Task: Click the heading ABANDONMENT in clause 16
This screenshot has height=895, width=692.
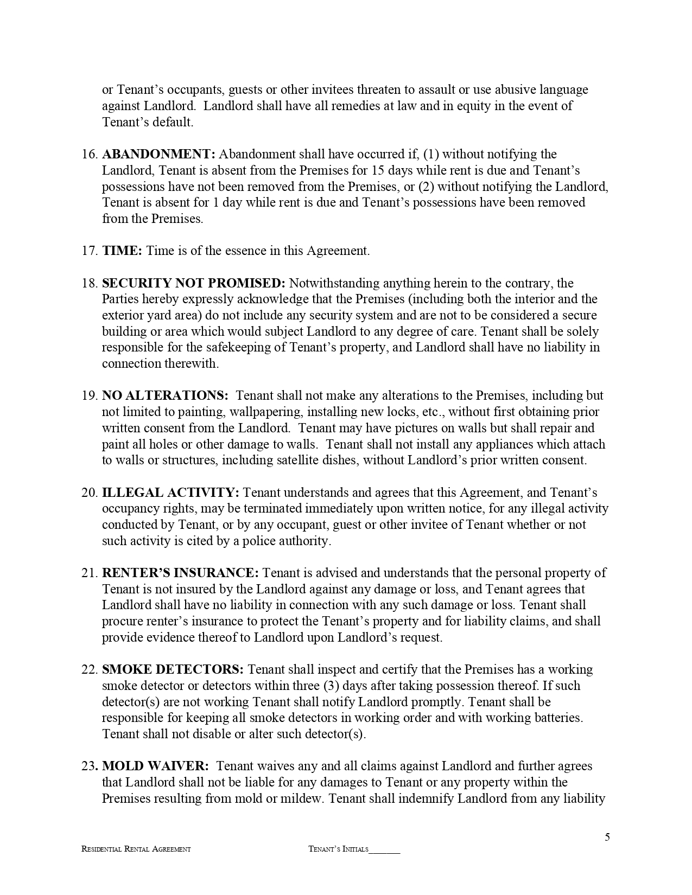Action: [x=158, y=155]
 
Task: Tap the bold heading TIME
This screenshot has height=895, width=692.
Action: [x=122, y=251]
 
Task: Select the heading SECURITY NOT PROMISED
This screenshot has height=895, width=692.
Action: [x=193, y=283]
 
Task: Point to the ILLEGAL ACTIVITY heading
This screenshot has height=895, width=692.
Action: [x=170, y=493]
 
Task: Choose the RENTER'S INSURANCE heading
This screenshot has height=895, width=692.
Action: [x=181, y=573]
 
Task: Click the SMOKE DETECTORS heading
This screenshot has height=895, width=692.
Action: [x=173, y=669]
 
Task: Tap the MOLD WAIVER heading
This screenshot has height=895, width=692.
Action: [x=155, y=766]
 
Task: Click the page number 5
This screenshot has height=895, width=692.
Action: [x=607, y=837]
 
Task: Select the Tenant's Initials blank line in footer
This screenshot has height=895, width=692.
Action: [x=384, y=850]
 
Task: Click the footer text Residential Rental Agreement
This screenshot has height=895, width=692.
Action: [x=136, y=849]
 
